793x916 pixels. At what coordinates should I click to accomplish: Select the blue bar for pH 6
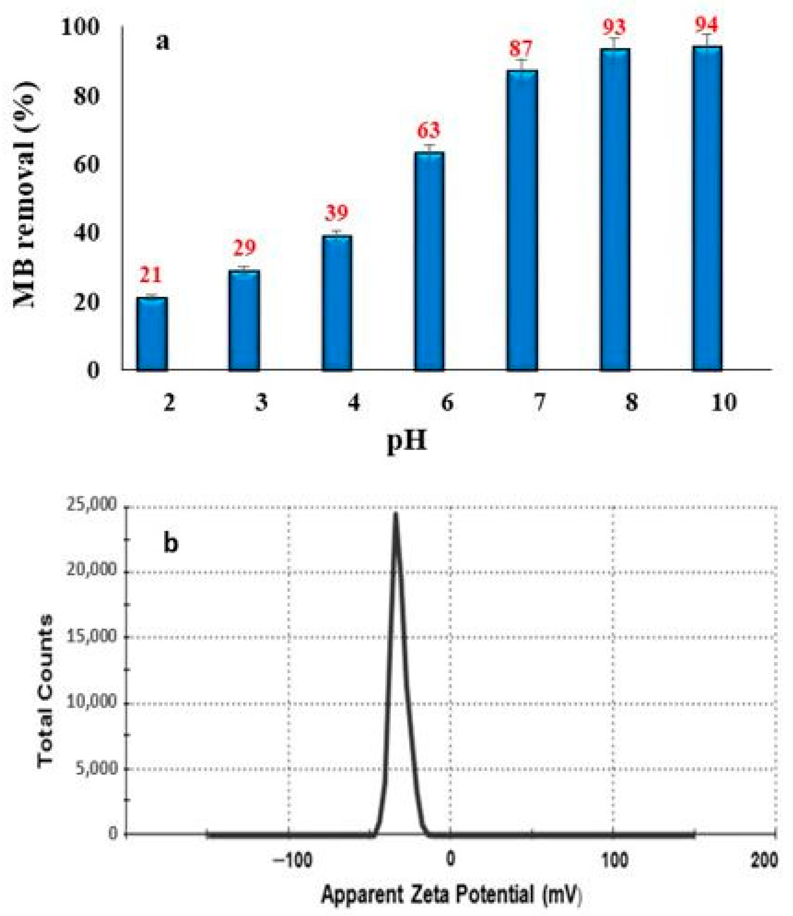point(429,261)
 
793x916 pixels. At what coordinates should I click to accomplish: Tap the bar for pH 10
point(707,208)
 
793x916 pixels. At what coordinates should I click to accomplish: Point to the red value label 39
point(337,213)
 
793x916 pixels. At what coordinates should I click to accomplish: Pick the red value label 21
point(151,275)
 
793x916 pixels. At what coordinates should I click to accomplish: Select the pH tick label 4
point(354,403)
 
